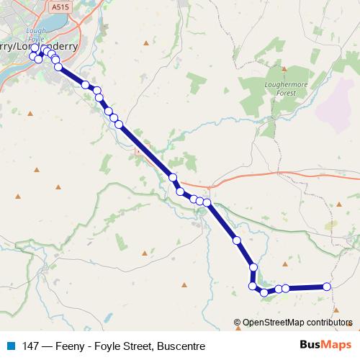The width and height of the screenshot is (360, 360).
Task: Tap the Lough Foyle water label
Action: pyautogui.click(x=35, y=36)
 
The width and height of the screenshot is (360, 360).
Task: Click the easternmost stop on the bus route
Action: pyautogui.click(x=327, y=287)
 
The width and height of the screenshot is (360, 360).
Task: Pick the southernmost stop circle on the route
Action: pyautogui.click(x=264, y=292)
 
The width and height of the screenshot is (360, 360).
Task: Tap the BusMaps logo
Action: pyautogui.click(x=325, y=346)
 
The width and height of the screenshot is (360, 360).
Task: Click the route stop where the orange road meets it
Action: pyautogui.click(x=174, y=177)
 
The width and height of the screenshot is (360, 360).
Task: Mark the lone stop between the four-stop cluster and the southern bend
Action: pyautogui.click(x=236, y=240)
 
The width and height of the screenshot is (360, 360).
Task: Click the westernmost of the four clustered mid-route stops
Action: pyautogui.click(x=181, y=192)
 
